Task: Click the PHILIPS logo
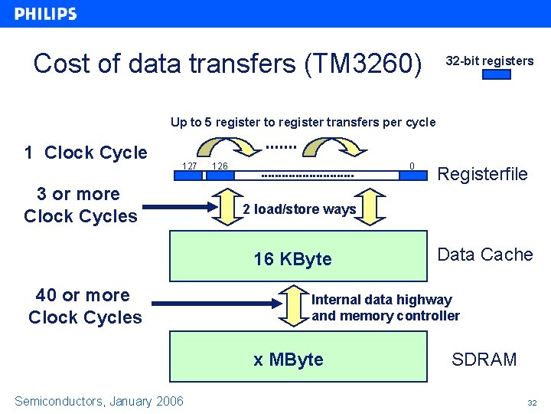coord(46,14)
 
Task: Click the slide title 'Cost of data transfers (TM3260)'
coord(227,64)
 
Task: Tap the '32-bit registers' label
coord(489,61)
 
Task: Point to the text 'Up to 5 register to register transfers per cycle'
coord(303,122)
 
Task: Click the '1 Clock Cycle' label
coord(85,153)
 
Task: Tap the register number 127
coord(190,166)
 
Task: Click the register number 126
coord(220,166)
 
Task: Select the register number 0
coord(412,165)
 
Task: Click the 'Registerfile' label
coord(481,174)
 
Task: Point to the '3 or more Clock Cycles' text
coord(80,205)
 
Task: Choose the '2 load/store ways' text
coord(299,209)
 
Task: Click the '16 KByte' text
coord(292,259)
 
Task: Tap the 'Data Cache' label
coord(484,255)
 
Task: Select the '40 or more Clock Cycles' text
coord(84,306)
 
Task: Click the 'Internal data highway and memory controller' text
coord(385,307)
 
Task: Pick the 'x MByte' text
coord(288,360)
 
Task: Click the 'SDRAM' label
coord(484,359)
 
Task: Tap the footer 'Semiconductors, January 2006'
coord(99,401)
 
